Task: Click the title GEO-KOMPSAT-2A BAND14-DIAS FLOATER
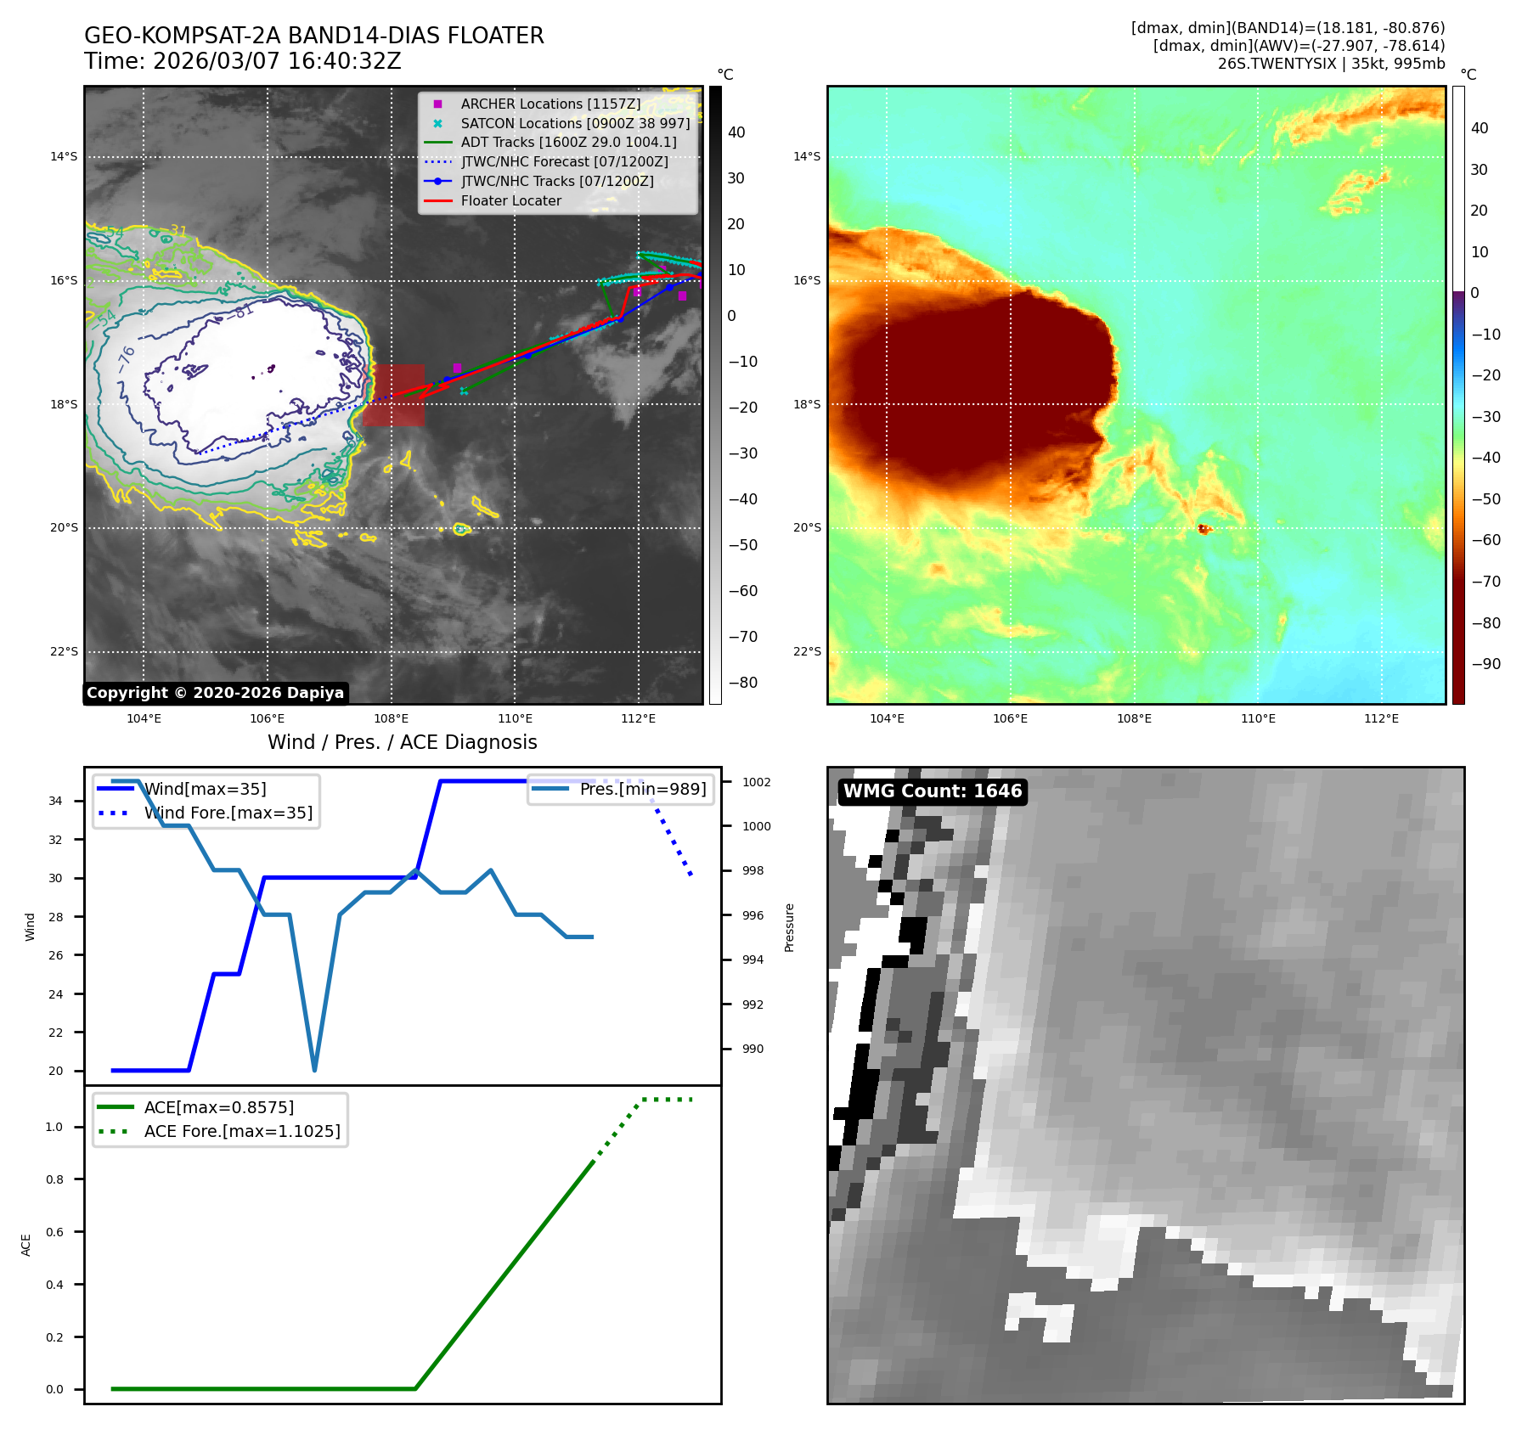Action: tap(313, 36)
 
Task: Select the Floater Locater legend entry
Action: tap(510, 201)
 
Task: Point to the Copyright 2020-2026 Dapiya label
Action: tap(215, 693)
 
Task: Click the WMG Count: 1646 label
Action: tap(932, 791)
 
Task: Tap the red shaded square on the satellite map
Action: tap(394, 395)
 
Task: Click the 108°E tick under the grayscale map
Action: tap(391, 718)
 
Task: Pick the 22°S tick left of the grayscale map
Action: tap(64, 652)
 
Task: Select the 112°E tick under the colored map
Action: tap(1381, 718)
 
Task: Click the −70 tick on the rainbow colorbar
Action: tap(1485, 582)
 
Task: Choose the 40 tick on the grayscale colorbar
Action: tap(736, 132)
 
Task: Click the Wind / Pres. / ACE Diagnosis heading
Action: tap(402, 742)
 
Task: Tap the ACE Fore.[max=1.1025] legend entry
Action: tap(241, 1131)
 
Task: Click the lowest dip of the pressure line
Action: tap(314, 1069)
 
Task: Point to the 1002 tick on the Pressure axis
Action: tap(756, 782)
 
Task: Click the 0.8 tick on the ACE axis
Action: tap(54, 1179)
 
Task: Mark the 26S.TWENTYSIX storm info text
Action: tap(1330, 64)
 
